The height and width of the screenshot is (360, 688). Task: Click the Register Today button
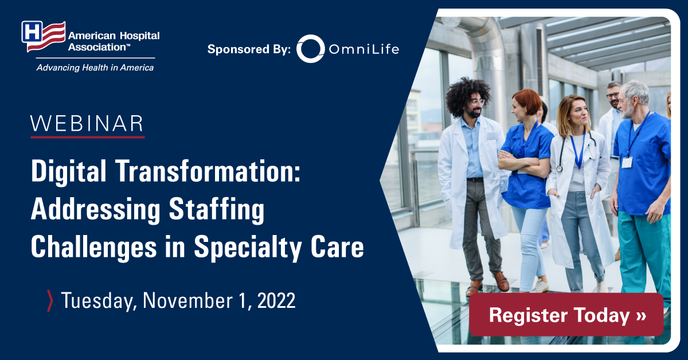pyautogui.click(x=566, y=315)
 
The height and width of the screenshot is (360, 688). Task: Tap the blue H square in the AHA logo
pyautogui.click(x=32, y=32)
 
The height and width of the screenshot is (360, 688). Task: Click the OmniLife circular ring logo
pyautogui.click(x=311, y=49)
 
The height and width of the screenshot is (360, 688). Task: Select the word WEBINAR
pyautogui.click(x=87, y=124)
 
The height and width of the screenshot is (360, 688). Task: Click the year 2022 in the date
pyautogui.click(x=276, y=300)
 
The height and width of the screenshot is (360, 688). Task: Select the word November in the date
pyautogui.click(x=187, y=300)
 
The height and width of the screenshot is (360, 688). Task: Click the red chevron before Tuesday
pyautogui.click(x=50, y=301)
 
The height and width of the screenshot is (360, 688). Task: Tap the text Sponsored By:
pyautogui.click(x=249, y=49)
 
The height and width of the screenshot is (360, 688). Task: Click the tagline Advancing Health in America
pyautogui.click(x=95, y=68)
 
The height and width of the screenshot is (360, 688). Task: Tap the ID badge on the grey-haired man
pyautogui.click(x=627, y=162)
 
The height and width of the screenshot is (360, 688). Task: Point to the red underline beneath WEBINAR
pyautogui.click(x=88, y=137)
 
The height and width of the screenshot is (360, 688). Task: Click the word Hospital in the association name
pyautogui.click(x=139, y=36)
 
